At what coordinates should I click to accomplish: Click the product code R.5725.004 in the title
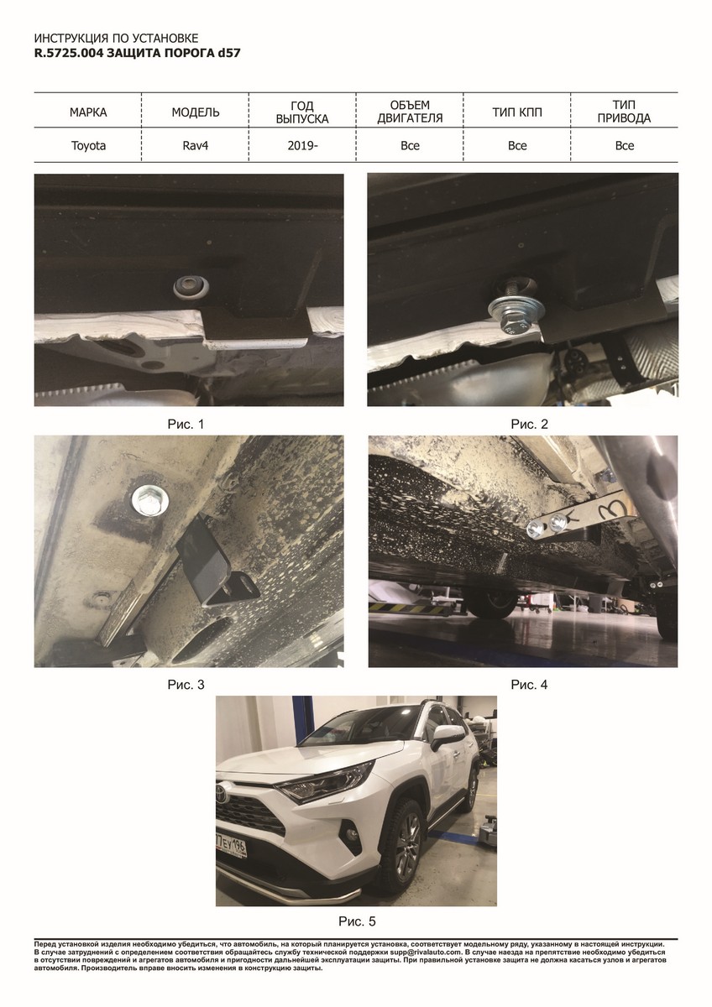point(69,53)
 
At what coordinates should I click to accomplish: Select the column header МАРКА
point(88,112)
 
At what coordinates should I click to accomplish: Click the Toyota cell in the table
point(88,146)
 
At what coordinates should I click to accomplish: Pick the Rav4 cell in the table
point(195,146)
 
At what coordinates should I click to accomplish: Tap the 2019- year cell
point(303,146)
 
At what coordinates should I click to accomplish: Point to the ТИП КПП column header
point(517,112)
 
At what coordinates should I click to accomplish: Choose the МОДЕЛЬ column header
point(195,112)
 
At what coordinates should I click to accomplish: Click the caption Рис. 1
point(186,424)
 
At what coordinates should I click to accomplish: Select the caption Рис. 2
point(530,424)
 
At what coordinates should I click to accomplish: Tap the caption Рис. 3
point(186,685)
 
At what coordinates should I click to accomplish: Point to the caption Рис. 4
point(530,685)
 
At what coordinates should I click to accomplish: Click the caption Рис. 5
point(357,921)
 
